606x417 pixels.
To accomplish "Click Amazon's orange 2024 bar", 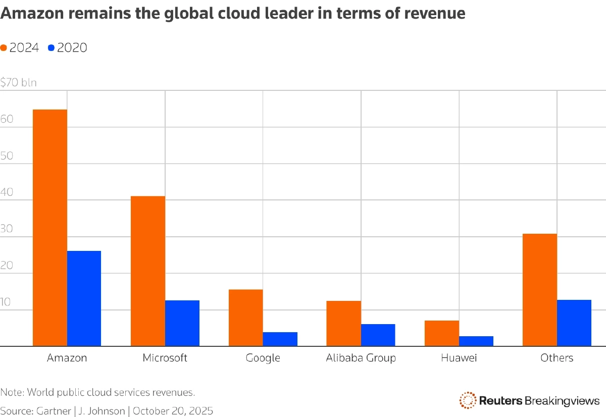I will [50, 228].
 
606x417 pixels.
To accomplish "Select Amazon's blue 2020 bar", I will [84, 298].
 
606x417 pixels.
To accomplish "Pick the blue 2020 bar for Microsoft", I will [182, 323].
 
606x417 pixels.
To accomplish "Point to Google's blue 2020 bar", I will [280, 339].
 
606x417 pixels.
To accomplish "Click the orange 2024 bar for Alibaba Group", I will [344, 324].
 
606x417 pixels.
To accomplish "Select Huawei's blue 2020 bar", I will [476, 341].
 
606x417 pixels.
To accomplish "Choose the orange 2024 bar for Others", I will [540, 290].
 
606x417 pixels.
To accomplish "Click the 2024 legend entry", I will [20, 47].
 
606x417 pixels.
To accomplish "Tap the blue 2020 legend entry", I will [68, 47].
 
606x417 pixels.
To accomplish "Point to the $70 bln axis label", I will [19, 83].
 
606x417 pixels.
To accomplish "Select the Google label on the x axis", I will [263, 358].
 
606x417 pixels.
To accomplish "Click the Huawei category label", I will [459, 358].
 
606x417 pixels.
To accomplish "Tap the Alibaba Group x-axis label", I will [361, 358].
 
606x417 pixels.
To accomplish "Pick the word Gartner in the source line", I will [54, 411].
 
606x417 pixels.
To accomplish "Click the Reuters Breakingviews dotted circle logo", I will [468, 400].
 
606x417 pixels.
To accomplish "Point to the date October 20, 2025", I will [173, 411].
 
